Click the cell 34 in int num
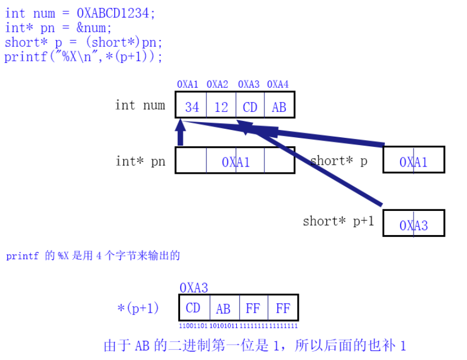coord(192,107)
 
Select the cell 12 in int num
coord(221,107)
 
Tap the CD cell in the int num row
coord(250,107)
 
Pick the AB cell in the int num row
coord(279,107)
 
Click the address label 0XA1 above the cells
coord(187,84)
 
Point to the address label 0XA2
coord(217,84)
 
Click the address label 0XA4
coord(277,84)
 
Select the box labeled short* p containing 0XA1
coord(414,162)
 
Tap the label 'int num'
coord(140,105)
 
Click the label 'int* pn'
coord(141,161)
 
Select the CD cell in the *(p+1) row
coord(193,308)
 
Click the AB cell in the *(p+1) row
coord(223,308)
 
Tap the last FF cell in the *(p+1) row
coord(283,308)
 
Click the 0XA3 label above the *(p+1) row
coord(194,288)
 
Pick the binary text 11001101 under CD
coord(194,326)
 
